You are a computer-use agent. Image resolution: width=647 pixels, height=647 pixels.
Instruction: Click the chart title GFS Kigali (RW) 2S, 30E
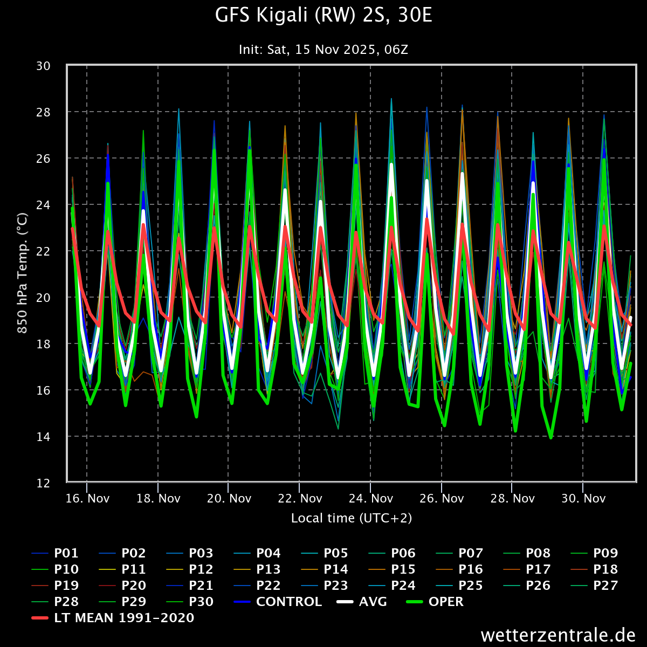click(x=323, y=16)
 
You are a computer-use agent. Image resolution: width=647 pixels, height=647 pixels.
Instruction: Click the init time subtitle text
click(x=323, y=50)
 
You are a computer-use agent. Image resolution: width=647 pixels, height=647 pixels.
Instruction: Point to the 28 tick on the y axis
click(x=44, y=112)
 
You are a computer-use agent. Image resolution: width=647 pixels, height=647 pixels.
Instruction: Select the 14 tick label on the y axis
click(x=44, y=436)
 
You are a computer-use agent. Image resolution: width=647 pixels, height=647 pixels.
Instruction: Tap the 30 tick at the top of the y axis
click(x=44, y=66)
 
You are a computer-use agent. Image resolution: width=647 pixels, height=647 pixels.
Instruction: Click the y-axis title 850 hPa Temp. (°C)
click(x=23, y=274)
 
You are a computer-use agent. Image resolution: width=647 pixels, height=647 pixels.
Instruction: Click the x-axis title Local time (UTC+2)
click(x=352, y=518)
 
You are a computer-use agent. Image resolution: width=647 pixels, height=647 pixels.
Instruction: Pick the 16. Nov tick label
click(x=87, y=498)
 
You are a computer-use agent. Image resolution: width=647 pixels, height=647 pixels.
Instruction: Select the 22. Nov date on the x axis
click(x=299, y=498)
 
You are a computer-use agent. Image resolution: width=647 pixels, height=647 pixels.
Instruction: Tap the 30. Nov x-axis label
click(x=583, y=498)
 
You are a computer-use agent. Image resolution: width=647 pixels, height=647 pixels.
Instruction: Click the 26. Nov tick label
click(x=441, y=498)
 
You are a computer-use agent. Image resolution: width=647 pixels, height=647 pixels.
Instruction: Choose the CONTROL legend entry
click(x=288, y=602)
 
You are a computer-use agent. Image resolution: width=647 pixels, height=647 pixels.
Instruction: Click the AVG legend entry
click(x=373, y=602)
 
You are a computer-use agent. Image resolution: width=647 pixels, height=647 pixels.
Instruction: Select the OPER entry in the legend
click(x=445, y=602)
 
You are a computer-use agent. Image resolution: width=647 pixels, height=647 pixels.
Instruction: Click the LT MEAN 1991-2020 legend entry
click(x=123, y=618)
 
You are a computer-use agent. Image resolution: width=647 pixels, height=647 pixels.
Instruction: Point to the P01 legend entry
click(x=66, y=553)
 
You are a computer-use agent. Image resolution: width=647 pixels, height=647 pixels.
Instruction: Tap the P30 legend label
click(x=201, y=602)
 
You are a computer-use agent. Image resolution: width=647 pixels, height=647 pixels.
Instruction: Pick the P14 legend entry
click(x=335, y=569)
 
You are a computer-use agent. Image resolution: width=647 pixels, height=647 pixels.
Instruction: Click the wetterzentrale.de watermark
click(x=558, y=635)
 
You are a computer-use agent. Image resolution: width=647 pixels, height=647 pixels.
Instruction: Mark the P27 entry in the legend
click(x=605, y=586)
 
